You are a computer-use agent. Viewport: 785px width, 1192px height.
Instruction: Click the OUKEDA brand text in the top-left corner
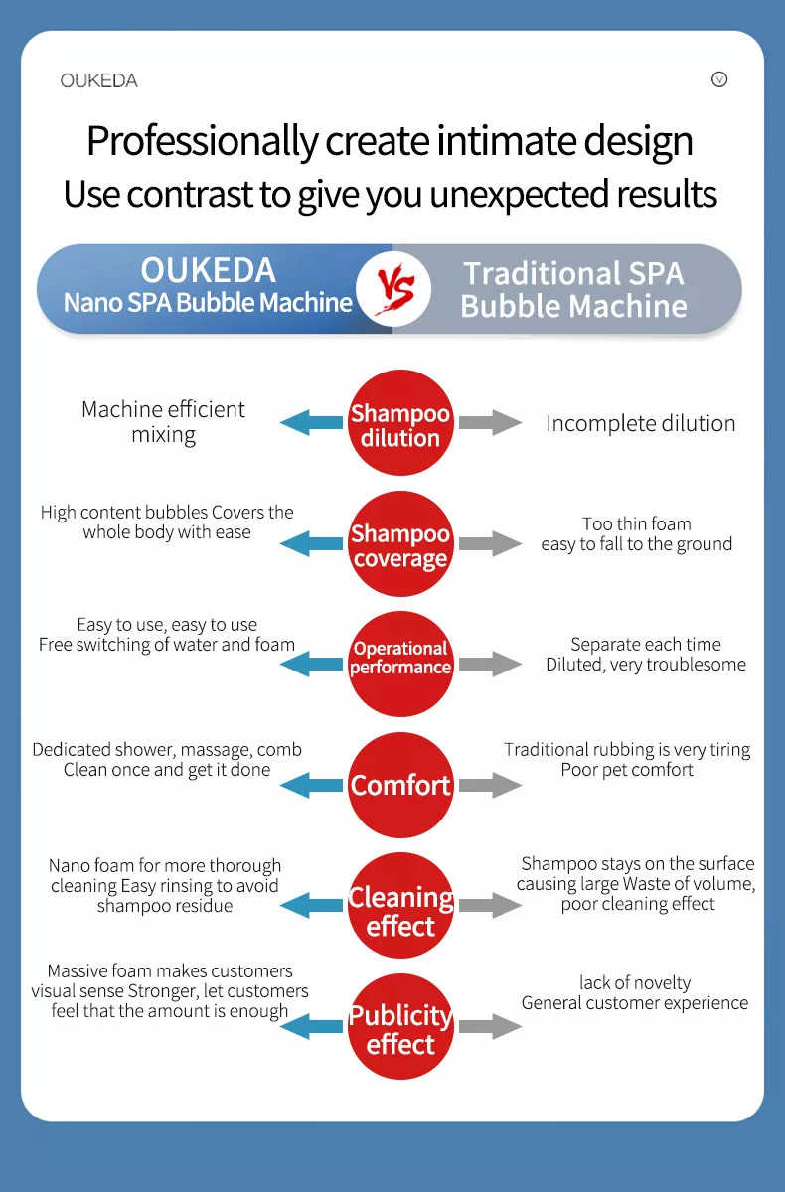pos(99,80)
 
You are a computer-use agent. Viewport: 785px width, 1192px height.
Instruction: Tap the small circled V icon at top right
pos(719,79)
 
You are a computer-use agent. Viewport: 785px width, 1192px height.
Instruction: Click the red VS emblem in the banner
pos(394,289)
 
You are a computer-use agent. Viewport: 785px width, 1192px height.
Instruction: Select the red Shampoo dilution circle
pos(400,422)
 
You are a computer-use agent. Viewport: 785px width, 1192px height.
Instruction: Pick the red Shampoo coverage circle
pos(400,543)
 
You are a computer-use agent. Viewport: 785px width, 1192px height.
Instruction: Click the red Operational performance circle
pos(400,664)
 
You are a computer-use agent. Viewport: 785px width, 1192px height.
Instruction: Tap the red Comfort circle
pos(400,785)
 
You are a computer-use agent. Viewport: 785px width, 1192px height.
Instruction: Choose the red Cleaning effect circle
pos(400,905)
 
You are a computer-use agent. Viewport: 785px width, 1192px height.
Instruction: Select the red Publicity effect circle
pos(400,1026)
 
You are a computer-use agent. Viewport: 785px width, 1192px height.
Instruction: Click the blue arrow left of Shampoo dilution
pos(311,422)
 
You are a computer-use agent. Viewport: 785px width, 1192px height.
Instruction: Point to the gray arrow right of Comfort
pos(490,785)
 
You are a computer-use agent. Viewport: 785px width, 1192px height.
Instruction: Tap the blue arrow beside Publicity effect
pos(311,1026)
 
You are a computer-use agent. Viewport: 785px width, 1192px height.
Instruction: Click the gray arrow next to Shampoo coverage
pos(490,543)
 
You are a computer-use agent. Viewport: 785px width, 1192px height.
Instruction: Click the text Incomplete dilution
pos(641,423)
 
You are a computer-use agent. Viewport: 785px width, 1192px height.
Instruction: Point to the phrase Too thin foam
pos(637,523)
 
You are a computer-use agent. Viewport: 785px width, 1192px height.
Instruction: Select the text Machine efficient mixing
pos(163,422)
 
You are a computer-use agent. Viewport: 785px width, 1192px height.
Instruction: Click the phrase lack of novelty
pos(635,982)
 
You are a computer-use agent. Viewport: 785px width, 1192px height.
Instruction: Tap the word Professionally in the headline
pos(203,141)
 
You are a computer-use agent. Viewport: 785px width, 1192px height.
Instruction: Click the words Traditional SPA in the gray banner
pos(573,273)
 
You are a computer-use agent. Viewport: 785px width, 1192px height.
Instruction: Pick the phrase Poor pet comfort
pos(627,770)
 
